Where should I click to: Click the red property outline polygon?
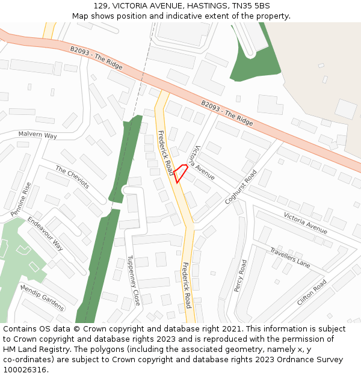click(180, 173)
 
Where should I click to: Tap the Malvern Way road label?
click(37, 135)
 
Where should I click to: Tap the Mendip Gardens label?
click(42, 298)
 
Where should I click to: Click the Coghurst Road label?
click(241, 187)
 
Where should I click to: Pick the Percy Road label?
click(240, 276)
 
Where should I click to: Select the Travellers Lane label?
click(290, 257)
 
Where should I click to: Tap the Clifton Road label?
click(312, 292)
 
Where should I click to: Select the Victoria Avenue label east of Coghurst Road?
click(306, 223)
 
